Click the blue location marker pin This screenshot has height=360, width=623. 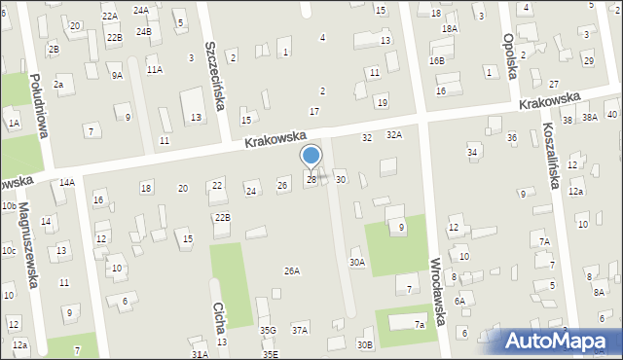311,158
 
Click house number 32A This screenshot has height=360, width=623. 394,135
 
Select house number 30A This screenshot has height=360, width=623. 358,262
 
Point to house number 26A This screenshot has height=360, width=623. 291,270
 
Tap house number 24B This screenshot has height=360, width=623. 144,31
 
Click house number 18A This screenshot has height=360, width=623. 449,29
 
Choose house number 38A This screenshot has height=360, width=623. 589,117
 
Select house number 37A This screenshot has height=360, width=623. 300,331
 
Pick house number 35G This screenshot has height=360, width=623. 268,331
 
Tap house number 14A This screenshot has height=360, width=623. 66,183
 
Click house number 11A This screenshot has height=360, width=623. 154,70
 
